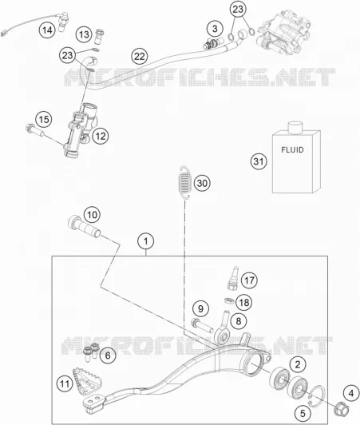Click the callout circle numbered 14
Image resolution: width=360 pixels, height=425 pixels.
click(47, 30)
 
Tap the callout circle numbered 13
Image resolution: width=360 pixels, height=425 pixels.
click(84, 34)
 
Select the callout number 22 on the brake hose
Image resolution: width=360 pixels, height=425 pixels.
click(140, 57)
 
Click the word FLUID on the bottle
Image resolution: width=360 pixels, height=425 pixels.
click(292, 149)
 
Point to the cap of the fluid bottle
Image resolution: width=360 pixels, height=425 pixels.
click(295, 127)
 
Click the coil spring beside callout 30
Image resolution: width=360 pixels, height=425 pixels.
click(184, 183)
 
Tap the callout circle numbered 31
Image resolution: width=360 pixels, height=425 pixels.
click(259, 161)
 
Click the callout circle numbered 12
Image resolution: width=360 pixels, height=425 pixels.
click(101, 136)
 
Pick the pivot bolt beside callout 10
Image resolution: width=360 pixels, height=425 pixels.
click(84, 227)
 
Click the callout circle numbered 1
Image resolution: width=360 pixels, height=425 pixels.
click(146, 241)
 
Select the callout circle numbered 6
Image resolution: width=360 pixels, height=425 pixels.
click(108, 355)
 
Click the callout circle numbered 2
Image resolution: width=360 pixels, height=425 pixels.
click(298, 364)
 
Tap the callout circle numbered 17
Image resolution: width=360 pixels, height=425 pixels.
click(249, 280)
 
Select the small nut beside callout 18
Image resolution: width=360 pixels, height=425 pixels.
click(229, 300)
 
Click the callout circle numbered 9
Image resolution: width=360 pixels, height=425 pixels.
click(200, 308)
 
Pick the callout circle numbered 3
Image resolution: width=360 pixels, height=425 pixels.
click(215, 29)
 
